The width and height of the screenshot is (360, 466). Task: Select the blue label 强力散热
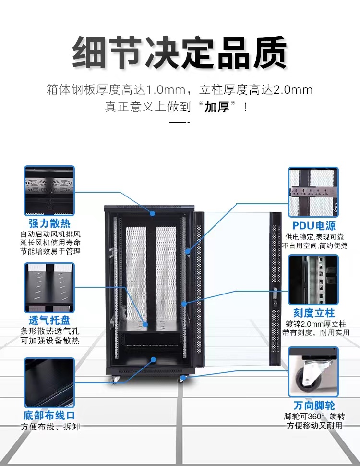point(49,224)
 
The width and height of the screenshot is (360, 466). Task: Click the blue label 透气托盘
point(49,321)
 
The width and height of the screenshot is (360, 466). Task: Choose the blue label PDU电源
point(314,225)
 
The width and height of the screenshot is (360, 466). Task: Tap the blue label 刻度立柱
point(314,313)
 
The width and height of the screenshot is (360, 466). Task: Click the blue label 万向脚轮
point(314,405)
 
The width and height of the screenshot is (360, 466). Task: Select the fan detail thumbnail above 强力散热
point(49,191)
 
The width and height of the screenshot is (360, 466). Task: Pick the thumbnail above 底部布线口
point(49,382)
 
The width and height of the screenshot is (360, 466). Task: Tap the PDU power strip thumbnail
point(313,192)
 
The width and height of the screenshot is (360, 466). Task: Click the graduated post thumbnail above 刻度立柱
point(313,279)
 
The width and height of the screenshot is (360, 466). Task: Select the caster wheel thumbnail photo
point(313,372)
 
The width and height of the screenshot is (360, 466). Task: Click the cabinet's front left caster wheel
point(115,380)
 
